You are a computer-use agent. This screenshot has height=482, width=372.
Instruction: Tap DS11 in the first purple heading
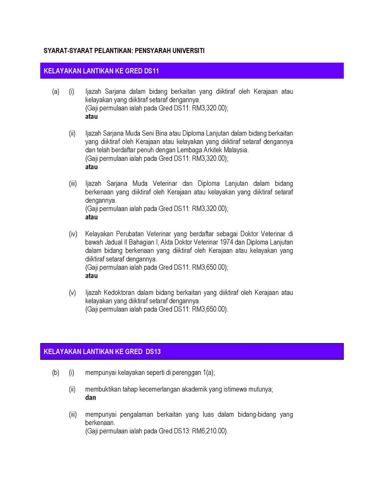click(x=152, y=71)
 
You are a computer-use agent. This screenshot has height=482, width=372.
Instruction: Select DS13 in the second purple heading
click(x=153, y=352)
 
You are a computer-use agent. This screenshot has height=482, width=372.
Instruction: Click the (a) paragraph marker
click(x=56, y=92)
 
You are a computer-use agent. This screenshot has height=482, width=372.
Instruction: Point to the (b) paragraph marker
click(x=56, y=373)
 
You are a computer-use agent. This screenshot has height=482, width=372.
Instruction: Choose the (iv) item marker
click(x=73, y=234)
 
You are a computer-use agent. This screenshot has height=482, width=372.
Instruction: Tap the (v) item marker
click(x=72, y=293)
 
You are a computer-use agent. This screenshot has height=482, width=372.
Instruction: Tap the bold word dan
click(x=90, y=398)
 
